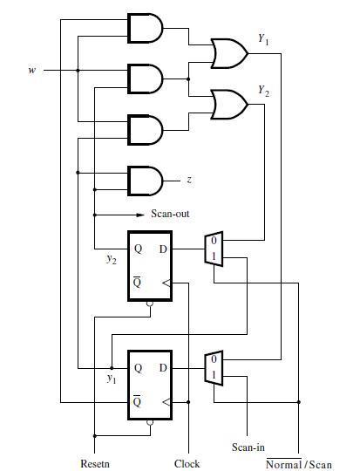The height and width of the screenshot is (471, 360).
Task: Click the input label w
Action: (x=32, y=71)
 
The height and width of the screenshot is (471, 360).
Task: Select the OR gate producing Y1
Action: (x=229, y=52)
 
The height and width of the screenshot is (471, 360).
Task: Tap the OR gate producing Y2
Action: (x=229, y=104)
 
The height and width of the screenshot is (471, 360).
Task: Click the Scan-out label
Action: (x=170, y=214)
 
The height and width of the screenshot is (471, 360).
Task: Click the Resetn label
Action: (x=94, y=463)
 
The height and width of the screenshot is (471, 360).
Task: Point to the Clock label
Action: (x=187, y=463)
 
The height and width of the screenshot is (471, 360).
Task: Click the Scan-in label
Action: (x=248, y=447)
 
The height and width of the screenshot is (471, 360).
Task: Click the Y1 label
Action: (x=263, y=39)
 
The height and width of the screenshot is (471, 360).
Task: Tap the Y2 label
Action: (x=263, y=90)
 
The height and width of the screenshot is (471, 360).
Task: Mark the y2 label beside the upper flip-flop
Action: (x=112, y=259)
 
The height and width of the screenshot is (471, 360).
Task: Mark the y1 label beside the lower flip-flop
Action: (x=112, y=378)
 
